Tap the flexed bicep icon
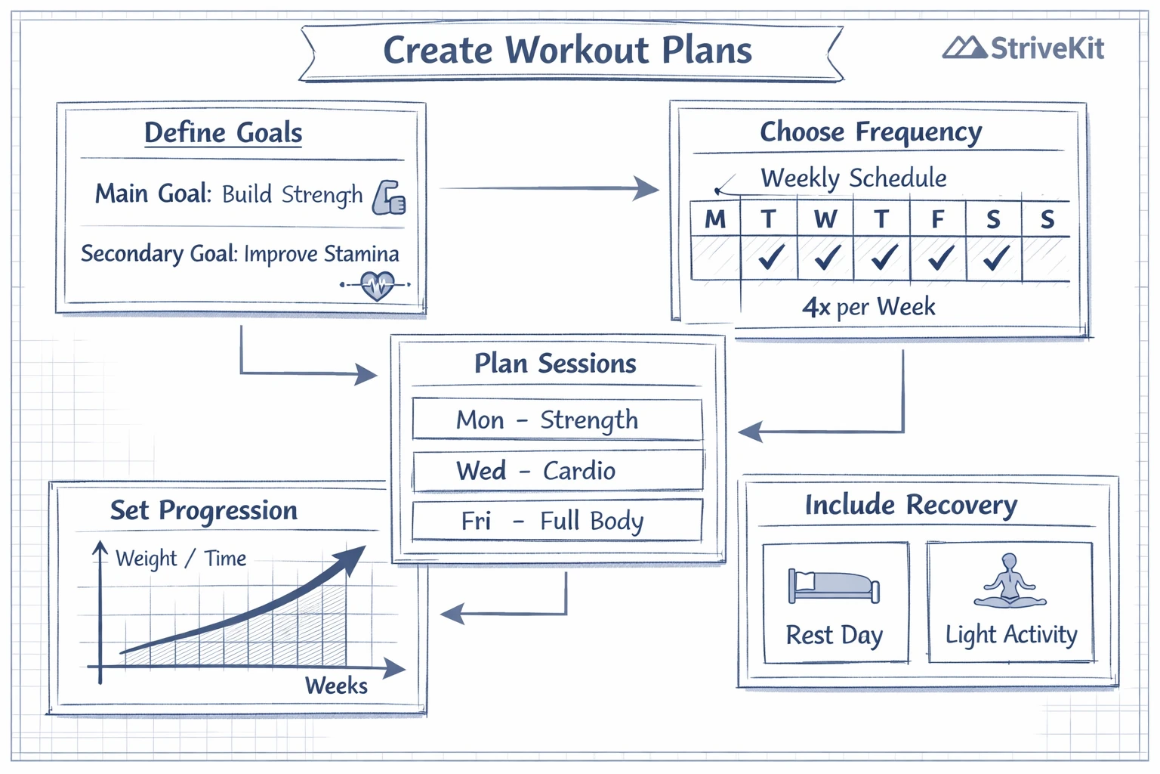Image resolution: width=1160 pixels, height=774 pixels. click(x=389, y=197)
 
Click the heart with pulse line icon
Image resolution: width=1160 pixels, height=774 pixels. click(x=377, y=286)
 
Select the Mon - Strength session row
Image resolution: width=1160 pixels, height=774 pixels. click(x=557, y=420)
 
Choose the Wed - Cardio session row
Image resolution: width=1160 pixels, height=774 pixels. click(x=557, y=471)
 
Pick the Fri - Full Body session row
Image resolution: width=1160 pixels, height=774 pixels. click(x=557, y=521)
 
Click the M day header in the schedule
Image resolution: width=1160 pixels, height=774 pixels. click(x=714, y=219)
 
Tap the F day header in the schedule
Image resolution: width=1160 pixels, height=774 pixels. click(x=937, y=219)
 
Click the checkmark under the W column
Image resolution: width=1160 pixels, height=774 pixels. click(x=827, y=258)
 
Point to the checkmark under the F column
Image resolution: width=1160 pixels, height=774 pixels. click(x=940, y=258)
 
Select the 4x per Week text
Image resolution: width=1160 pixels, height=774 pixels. click(x=868, y=307)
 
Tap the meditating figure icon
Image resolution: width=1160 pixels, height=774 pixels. click(x=1010, y=581)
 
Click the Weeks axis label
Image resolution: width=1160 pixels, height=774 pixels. click(x=336, y=686)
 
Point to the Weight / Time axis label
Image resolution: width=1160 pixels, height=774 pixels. click(x=180, y=559)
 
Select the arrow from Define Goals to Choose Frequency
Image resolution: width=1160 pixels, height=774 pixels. click(x=549, y=188)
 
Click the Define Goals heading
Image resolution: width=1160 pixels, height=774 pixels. click(x=223, y=133)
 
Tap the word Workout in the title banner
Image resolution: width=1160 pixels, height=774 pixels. click(x=577, y=51)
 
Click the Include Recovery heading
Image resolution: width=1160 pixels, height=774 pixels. click(x=911, y=505)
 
